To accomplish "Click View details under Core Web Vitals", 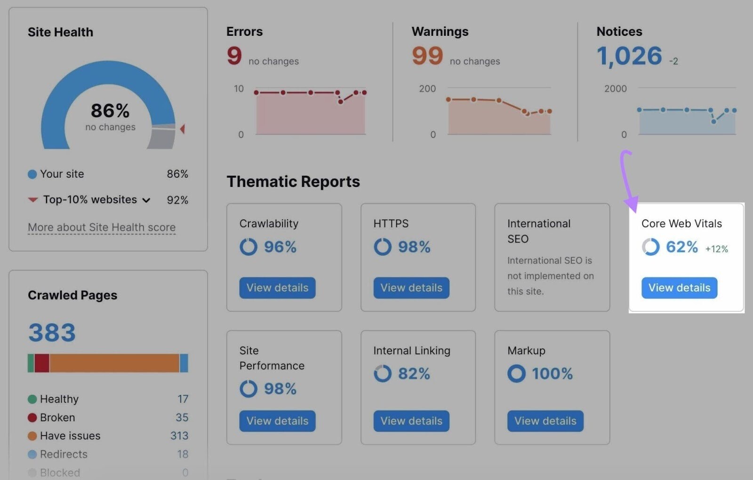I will pos(679,288).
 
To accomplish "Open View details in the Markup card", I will pos(545,421).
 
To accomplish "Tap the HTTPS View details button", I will pos(411,288).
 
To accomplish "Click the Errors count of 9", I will pos(234,56).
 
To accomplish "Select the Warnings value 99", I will pos(427,56).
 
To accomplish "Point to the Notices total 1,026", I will pos(629,56).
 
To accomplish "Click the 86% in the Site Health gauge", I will pos(110,111).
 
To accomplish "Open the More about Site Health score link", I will pos(102,228).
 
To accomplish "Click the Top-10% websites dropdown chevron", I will pos(146,200).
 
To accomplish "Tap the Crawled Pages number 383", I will pos(52,333).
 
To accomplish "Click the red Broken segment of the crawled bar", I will pos(42,363).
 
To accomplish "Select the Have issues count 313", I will pos(179,436).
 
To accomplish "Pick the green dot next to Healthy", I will pos(32,399).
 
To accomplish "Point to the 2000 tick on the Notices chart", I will pos(615,89).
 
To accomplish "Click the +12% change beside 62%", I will pos(716,249).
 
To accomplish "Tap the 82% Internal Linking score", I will pos(414,374).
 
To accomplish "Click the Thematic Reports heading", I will pos(293,181).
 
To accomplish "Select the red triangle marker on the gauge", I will pos(183,129).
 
